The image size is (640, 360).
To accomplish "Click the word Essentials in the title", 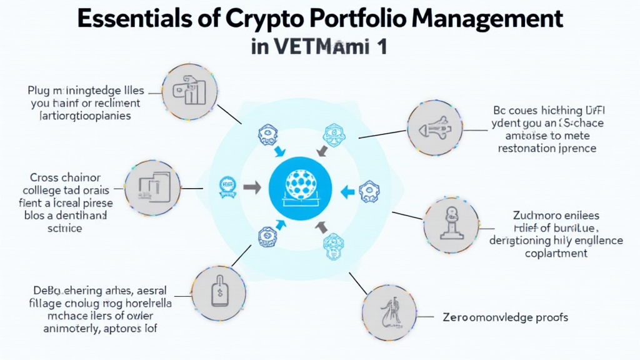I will coord(133,19).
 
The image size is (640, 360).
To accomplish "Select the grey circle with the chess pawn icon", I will coord(451,225).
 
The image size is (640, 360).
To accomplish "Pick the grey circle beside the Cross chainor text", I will coord(152,188).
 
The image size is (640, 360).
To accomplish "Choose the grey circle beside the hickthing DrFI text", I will coord(435,127).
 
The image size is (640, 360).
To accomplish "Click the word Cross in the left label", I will coord(44,177).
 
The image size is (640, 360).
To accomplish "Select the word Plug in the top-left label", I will coord(39,89).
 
